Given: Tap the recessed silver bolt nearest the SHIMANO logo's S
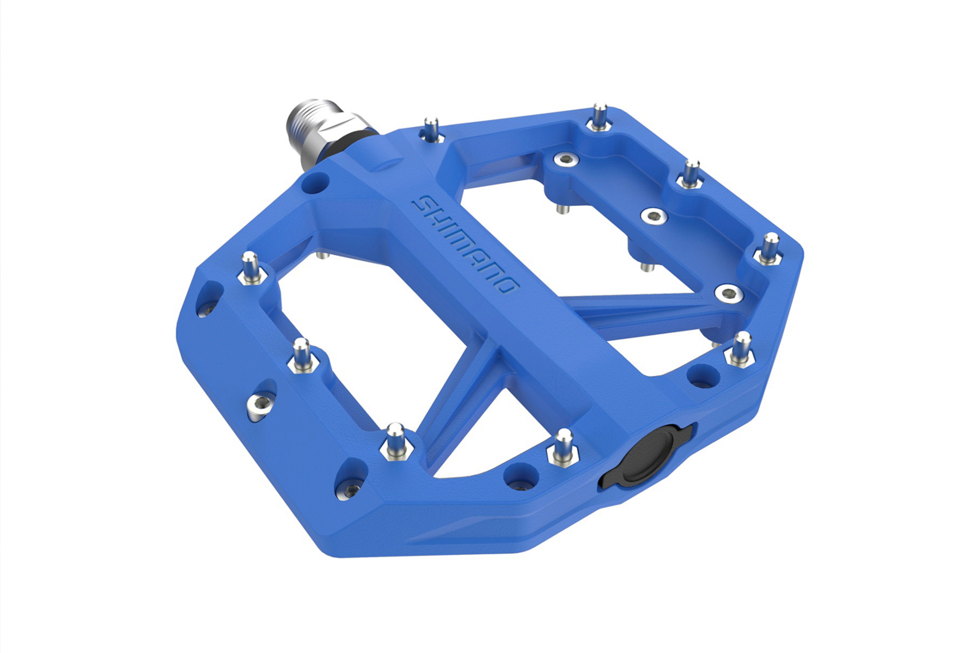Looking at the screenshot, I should click(566, 159).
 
